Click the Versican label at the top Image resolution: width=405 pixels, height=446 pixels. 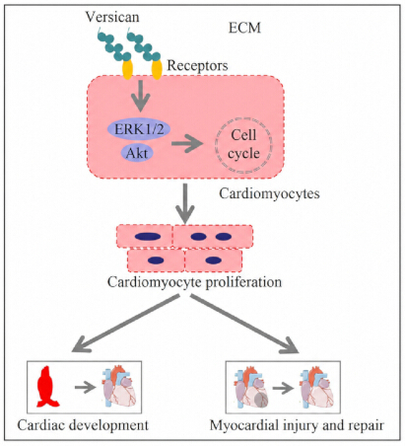pyautogui.click(x=112, y=17)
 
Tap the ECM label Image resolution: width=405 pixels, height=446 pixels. pyautogui.click(x=244, y=28)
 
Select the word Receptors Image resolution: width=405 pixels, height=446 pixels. pyautogui.click(x=197, y=65)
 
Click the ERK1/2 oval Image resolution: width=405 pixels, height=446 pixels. pyautogui.click(x=139, y=129)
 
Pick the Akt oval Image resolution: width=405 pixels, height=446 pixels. pyautogui.click(x=137, y=153)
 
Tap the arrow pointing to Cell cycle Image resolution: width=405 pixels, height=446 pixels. pyautogui.click(x=187, y=143)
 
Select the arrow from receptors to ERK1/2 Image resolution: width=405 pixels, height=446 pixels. pyautogui.click(x=141, y=96)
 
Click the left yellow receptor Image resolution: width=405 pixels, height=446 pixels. pyautogui.click(x=127, y=69)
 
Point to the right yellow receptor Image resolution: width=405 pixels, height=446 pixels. pyautogui.click(x=157, y=69)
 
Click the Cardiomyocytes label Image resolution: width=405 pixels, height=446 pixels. pyautogui.click(x=269, y=193)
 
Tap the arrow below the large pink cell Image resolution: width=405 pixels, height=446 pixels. pyautogui.click(x=185, y=203)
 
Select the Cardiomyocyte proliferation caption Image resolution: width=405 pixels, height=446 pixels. pyautogui.click(x=194, y=282)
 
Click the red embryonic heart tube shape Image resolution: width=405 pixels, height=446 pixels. pyautogui.click(x=47, y=387)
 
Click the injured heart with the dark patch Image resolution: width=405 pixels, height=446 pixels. pyautogui.click(x=251, y=388)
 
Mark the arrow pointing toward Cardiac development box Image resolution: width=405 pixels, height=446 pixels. pyautogui.click(x=126, y=324)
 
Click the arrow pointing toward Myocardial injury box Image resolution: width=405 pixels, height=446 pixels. pyautogui.click(x=244, y=324)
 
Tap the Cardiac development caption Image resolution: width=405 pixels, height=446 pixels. pyautogui.click(x=83, y=425)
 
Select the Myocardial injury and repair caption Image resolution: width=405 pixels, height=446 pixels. pyautogui.click(x=297, y=425)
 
